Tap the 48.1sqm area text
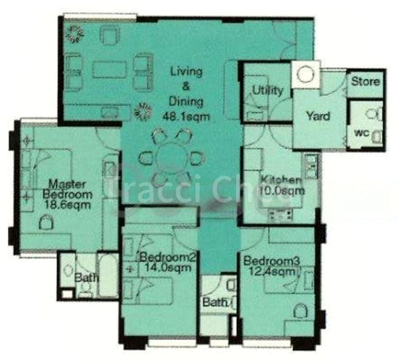[x=186, y=116]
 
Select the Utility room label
[x=268, y=91]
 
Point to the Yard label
[x=317, y=116]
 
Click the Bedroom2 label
[x=167, y=257]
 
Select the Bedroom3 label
[x=271, y=261]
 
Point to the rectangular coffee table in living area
[x=109, y=69]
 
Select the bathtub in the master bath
[x=109, y=275]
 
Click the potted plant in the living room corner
[x=76, y=34]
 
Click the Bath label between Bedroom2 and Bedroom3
[x=215, y=302]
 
